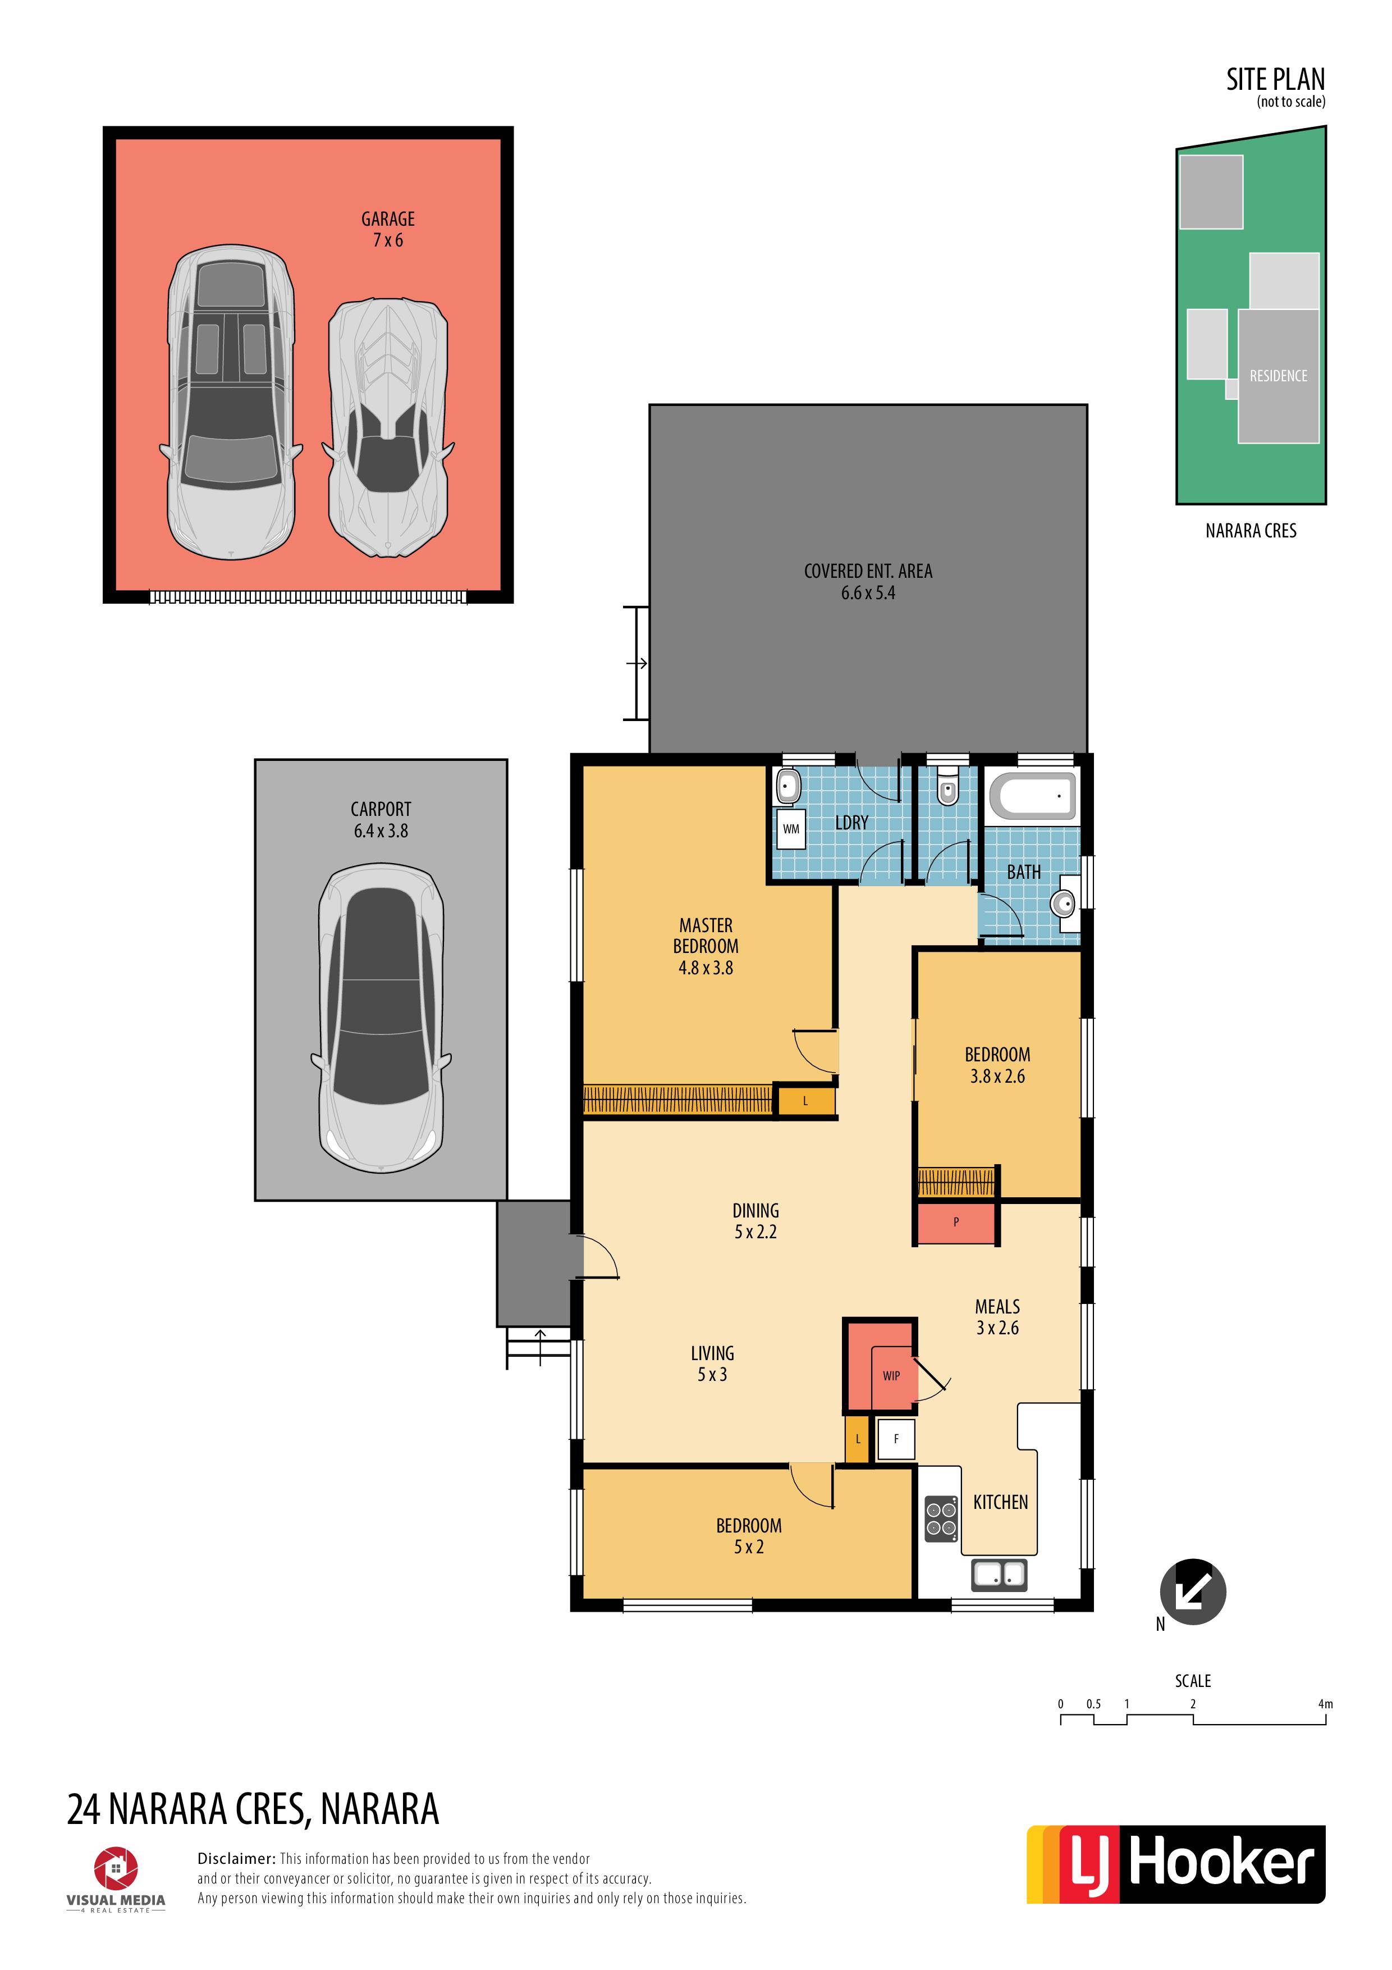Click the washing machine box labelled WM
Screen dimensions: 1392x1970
click(791, 829)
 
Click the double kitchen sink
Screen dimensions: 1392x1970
click(999, 1575)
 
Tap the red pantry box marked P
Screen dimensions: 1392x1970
click(955, 1223)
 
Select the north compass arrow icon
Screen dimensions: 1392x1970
click(1193, 1591)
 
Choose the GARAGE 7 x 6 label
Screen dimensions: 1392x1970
click(388, 229)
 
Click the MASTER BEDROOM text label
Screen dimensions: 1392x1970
click(706, 936)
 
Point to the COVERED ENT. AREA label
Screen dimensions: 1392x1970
click(868, 572)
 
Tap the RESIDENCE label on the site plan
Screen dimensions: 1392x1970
click(1278, 376)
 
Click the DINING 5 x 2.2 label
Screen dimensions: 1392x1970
click(755, 1221)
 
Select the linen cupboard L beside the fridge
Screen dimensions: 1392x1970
click(858, 1439)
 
